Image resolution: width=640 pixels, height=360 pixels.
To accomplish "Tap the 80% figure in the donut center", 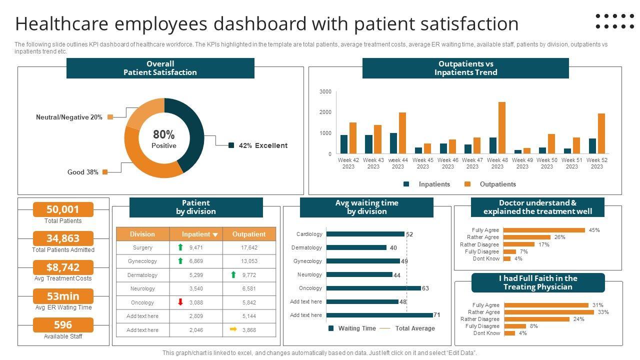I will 164,134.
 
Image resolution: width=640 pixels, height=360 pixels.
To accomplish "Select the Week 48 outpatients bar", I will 502,127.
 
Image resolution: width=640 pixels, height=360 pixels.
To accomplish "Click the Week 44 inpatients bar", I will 393,143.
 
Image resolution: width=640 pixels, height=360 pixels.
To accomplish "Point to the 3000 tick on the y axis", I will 325,92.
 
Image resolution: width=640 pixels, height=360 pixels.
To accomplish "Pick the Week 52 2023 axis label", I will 596,163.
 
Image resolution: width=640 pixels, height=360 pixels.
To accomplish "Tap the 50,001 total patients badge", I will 63,209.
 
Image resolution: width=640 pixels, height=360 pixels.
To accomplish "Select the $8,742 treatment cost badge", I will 63,267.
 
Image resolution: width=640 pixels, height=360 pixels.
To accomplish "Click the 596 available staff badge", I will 63,325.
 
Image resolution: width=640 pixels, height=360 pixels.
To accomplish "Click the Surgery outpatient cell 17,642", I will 249,247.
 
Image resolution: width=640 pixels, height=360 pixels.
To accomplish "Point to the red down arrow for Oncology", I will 180,302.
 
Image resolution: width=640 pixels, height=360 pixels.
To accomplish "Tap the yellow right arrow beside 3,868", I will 233,329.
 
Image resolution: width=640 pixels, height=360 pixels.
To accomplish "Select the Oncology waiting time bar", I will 373,288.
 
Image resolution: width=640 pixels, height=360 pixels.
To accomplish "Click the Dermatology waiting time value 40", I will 393,248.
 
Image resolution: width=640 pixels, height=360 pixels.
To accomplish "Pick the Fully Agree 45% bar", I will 544,230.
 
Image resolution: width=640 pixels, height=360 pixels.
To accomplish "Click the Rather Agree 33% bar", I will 549,312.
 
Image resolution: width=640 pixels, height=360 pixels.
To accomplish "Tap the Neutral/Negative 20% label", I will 69,117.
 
